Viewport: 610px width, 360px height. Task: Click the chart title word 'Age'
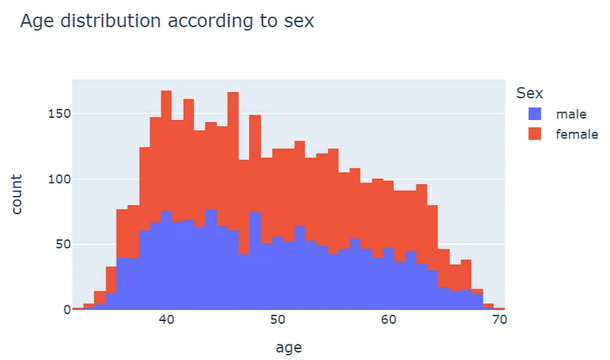[39, 21]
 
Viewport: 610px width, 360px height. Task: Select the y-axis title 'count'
[16, 194]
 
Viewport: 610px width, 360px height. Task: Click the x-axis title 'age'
[288, 346]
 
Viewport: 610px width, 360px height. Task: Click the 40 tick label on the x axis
[166, 322]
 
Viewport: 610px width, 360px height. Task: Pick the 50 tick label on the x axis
[277, 322]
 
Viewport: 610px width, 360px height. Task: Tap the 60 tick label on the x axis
[388, 322]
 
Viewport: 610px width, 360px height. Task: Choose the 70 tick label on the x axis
[499, 322]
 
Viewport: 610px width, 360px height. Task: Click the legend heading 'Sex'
[530, 93]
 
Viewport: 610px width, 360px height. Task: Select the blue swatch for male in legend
[535, 114]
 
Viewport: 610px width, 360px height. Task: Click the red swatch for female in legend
[535, 135]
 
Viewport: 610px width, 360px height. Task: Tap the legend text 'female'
[577, 135]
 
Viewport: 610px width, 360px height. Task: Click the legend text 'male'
[571, 114]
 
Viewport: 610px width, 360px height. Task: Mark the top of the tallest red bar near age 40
[166, 92]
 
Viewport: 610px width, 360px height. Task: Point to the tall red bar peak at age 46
[233, 93]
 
